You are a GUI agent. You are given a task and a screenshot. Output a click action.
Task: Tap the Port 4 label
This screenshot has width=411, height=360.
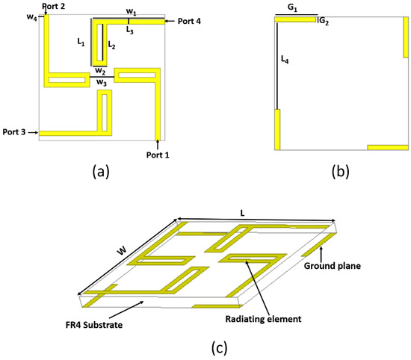click(192, 20)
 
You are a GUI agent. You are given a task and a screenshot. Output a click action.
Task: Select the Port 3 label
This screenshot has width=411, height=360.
click(14, 132)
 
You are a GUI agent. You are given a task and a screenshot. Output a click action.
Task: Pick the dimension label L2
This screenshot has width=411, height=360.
click(111, 46)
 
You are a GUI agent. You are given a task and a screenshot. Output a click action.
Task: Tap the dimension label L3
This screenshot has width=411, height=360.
click(129, 31)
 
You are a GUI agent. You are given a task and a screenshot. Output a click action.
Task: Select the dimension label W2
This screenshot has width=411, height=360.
click(99, 70)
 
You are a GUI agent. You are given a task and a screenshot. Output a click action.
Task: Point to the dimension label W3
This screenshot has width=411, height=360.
click(99, 83)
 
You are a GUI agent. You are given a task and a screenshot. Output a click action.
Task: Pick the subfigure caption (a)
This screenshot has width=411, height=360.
click(100, 172)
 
